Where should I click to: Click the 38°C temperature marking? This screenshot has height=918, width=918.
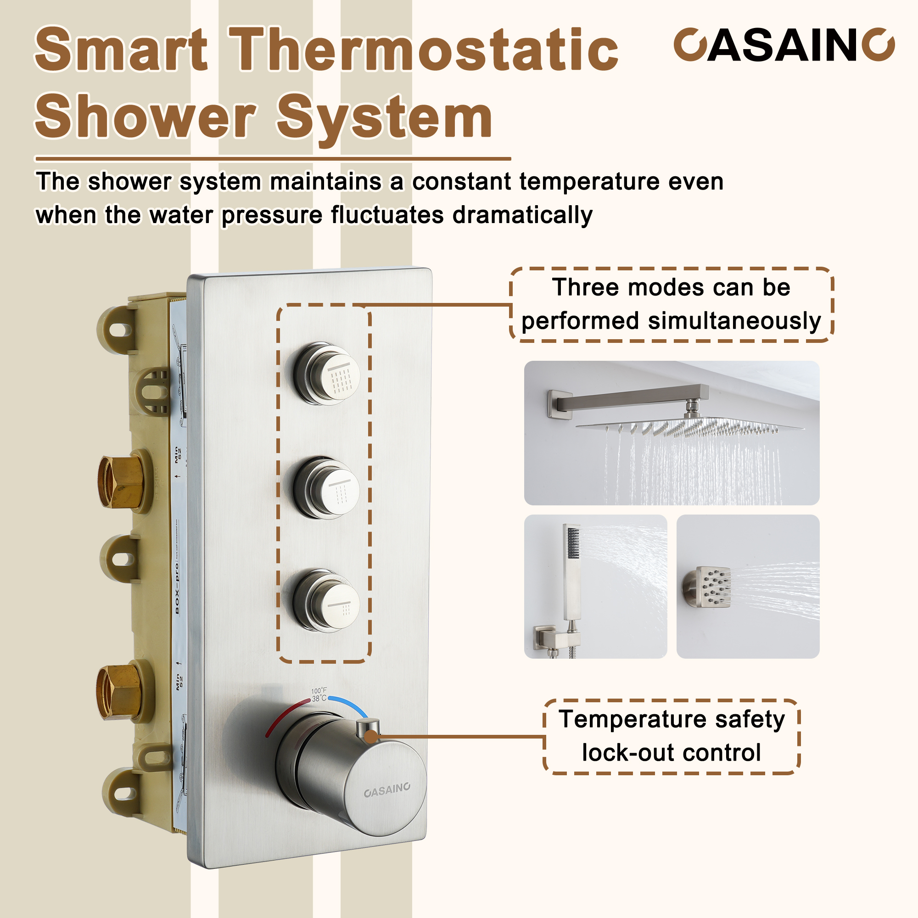pos(319,699)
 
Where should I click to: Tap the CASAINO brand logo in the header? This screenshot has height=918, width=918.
pos(784,45)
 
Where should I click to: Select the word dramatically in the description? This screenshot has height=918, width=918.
pos(522,215)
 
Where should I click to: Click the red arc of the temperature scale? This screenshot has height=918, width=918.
pos(280,717)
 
